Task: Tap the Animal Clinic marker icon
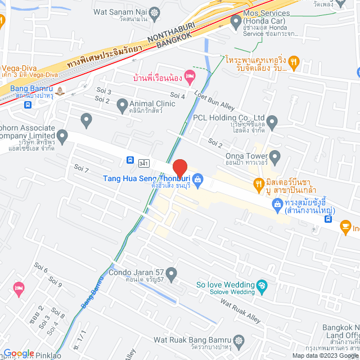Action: pos(122,105)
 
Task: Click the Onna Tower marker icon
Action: pos(274,156)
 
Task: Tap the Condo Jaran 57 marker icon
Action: pos(172,274)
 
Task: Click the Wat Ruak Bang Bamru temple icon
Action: pos(240,341)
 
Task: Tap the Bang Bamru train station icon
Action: pos(60,90)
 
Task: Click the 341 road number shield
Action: pos(144,163)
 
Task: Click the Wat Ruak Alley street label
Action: pos(240,311)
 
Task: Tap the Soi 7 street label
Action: pos(82,169)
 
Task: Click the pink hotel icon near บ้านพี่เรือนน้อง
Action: pos(191,75)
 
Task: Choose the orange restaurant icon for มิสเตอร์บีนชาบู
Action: pos(258,182)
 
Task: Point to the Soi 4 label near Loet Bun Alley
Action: pos(178,96)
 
